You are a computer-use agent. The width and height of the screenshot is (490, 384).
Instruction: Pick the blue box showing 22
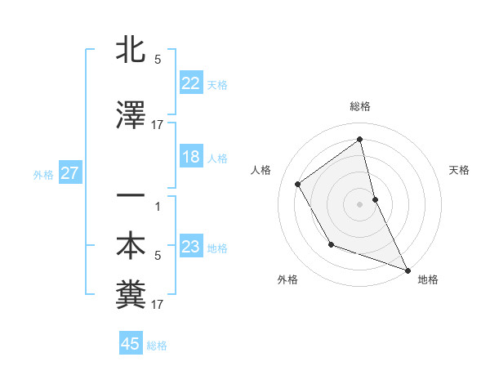pyautogui.click(x=191, y=83)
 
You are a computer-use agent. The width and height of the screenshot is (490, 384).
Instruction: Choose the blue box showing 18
pyautogui.click(x=191, y=158)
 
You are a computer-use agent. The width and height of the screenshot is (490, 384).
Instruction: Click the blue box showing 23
pyautogui.click(x=191, y=247)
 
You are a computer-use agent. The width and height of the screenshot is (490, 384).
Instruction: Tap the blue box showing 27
pyautogui.click(x=69, y=173)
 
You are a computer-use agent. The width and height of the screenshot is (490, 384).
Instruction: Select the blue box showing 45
pyautogui.click(x=131, y=344)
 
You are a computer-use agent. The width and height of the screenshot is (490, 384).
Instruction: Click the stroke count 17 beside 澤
pyautogui.click(x=157, y=125)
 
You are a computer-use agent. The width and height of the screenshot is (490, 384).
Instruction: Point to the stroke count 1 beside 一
pyautogui.click(x=158, y=206)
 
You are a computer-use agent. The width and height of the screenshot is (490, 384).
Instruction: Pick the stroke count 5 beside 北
pyautogui.click(x=158, y=60)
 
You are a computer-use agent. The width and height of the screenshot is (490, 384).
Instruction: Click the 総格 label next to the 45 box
pyautogui.click(x=157, y=346)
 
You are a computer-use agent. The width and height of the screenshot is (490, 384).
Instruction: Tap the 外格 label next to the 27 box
pyautogui.click(x=43, y=174)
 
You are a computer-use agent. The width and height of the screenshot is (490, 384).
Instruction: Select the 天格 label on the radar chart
pyautogui.click(x=460, y=170)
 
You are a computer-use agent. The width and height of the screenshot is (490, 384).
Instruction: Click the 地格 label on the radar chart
pyautogui.click(x=428, y=279)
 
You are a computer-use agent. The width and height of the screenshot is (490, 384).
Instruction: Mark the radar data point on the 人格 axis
pyautogui.click(x=298, y=184)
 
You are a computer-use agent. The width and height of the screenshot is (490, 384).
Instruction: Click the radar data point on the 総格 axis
pyautogui.click(x=359, y=139)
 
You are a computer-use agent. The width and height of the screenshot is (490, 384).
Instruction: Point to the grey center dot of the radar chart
pyautogui.click(x=359, y=203)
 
